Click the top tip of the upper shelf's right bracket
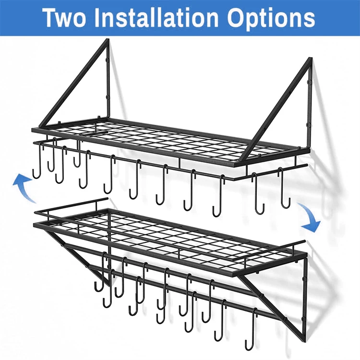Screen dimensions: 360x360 pyautogui.click(x=310, y=60)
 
